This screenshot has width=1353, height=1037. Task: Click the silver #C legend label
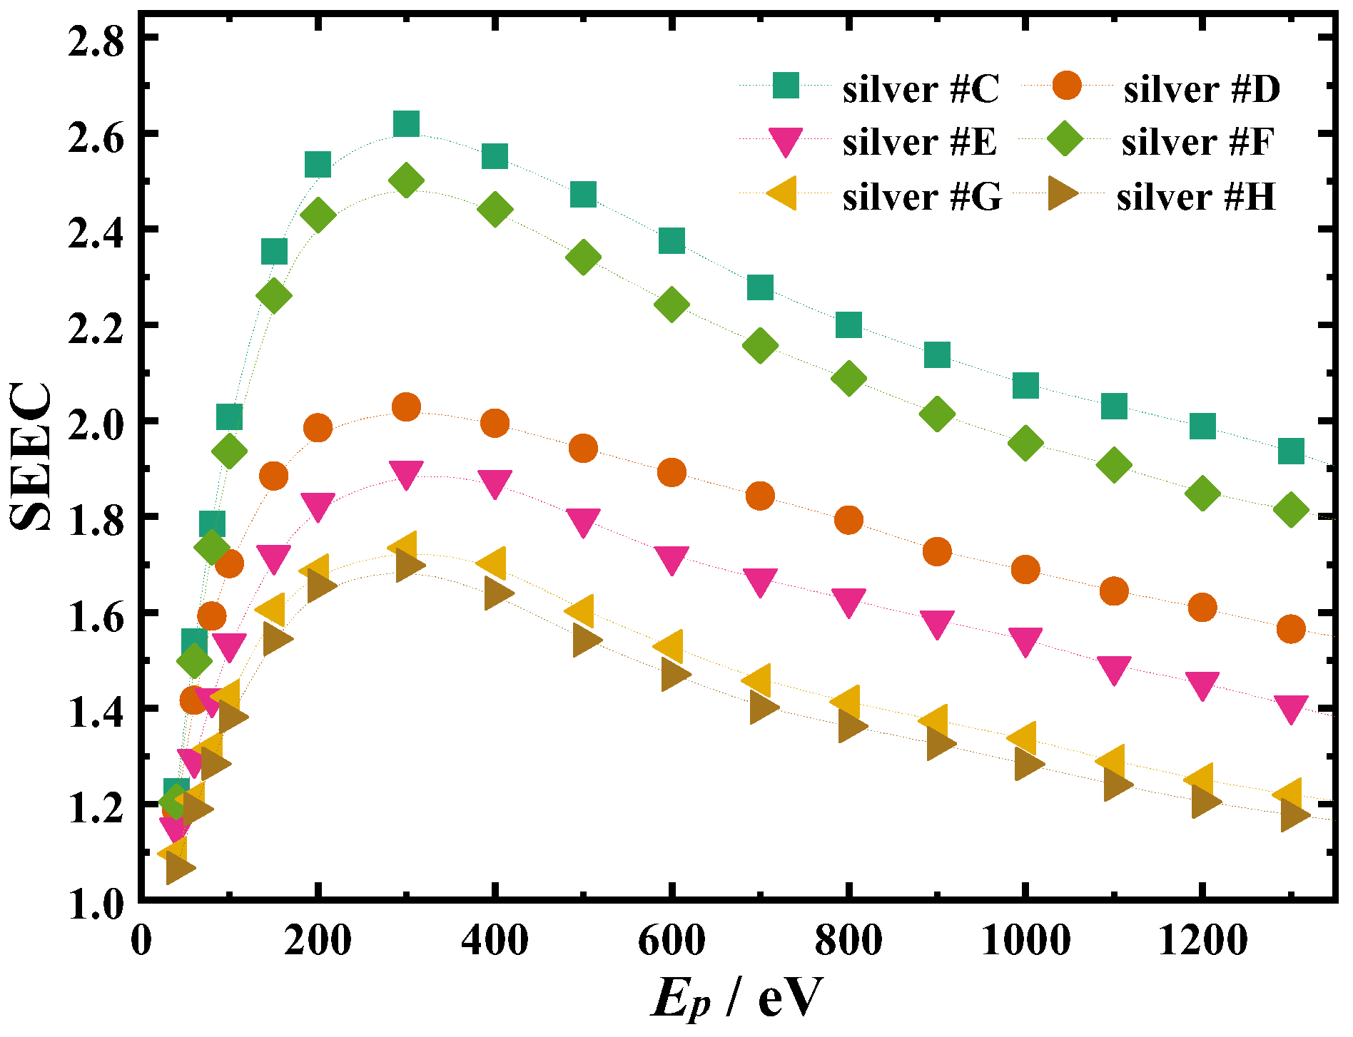point(921,90)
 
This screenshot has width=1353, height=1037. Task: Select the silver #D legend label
point(1202,90)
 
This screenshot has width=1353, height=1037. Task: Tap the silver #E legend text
point(919,143)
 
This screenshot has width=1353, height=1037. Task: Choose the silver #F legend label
point(1197,143)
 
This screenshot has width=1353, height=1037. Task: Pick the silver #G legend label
point(922,197)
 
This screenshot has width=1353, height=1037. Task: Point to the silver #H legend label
point(1196,197)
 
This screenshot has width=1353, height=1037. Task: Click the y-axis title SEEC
point(32,456)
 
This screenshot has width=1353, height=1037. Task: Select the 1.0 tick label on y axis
point(96,903)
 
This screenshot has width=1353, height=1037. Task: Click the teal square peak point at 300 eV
point(406,124)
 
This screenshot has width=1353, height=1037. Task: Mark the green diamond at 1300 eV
point(1290,510)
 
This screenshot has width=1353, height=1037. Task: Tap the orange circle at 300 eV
point(406,407)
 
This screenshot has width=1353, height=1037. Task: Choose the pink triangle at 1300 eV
point(1290,708)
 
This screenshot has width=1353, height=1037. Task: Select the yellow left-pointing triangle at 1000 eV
point(1023,738)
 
